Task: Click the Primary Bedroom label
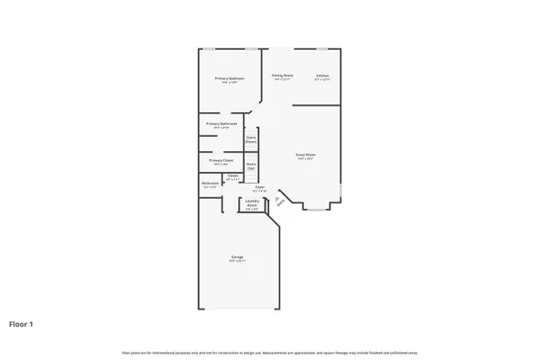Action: (229, 79)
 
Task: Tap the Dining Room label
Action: (282, 76)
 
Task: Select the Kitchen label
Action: (322, 76)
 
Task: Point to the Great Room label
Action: (306, 155)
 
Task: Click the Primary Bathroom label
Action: (221, 123)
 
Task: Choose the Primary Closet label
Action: (221, 160)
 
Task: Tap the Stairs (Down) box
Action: (251, 139)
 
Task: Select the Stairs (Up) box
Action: (251, 166)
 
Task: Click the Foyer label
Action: (259, 187)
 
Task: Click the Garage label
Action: (238, 257)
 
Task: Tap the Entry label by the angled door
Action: (279, 202)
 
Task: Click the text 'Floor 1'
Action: (22, 323)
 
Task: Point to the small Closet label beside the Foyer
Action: (232, 175)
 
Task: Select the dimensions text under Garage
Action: (238, 262)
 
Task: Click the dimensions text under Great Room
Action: (306, 159)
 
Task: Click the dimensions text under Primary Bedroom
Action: (229, 83)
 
